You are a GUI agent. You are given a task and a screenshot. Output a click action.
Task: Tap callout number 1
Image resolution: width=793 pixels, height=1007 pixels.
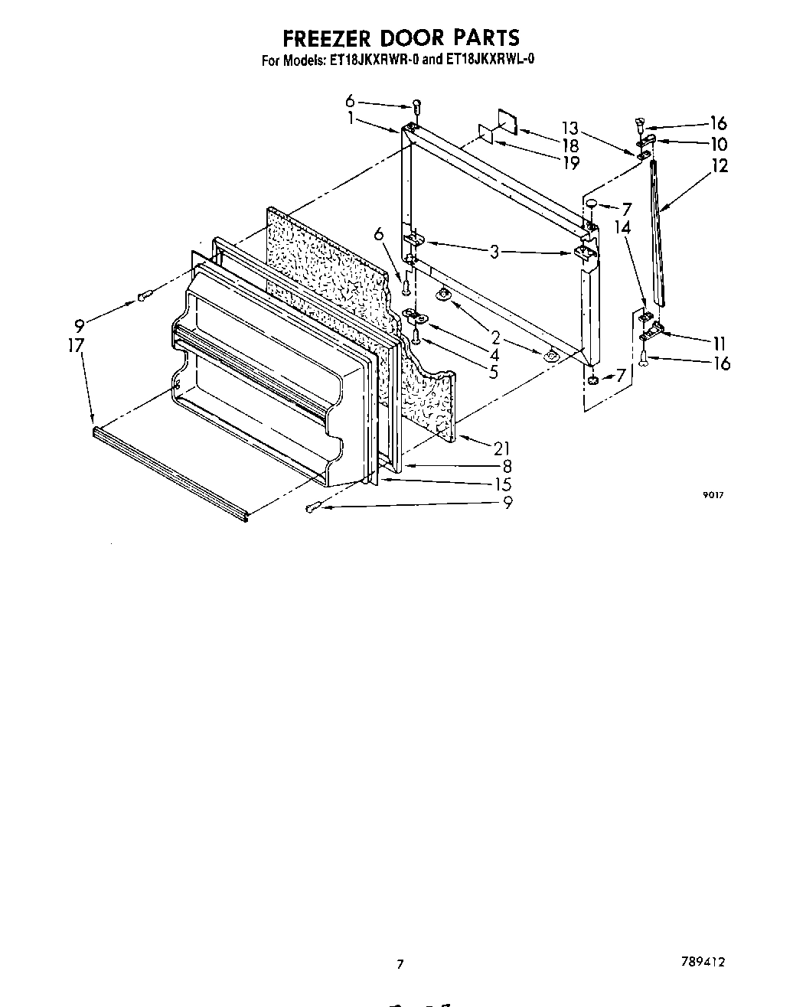350,119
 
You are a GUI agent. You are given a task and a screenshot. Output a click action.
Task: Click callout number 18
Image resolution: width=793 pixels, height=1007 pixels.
570,145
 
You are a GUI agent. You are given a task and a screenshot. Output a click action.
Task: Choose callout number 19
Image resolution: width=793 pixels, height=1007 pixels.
570,162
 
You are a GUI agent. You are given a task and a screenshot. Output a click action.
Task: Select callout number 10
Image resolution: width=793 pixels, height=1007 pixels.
718,144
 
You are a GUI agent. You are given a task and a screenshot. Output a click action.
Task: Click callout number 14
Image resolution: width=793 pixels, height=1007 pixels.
622,227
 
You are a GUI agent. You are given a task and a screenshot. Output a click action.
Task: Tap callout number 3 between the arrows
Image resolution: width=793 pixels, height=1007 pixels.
495,252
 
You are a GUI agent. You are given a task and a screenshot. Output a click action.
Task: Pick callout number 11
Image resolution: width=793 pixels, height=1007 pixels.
719,344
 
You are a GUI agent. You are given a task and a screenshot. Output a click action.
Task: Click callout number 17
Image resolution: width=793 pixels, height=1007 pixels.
75,346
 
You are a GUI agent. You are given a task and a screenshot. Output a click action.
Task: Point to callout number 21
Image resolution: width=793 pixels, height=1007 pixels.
501,448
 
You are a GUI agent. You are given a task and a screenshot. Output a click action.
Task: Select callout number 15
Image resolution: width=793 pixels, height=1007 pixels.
502,484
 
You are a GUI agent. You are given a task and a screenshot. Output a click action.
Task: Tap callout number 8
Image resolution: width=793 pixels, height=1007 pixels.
507,466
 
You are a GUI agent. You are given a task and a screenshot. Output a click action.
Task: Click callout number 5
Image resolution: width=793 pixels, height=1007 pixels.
494,372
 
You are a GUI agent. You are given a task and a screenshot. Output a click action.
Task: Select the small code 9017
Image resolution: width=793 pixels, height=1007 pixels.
713,495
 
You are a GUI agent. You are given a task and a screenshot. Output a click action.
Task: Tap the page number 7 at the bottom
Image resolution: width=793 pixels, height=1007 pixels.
399,964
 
